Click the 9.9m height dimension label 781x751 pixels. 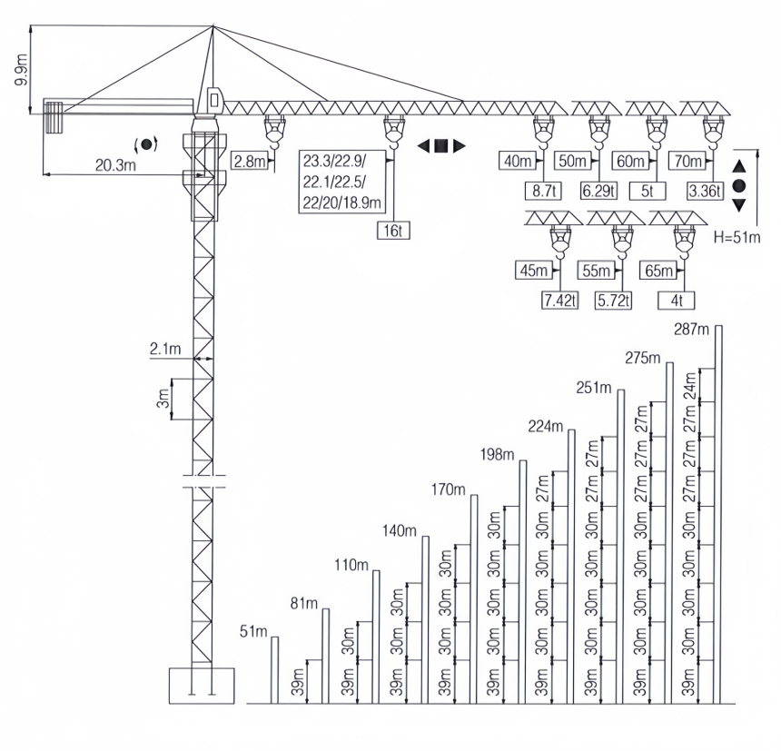(x=21, y=67)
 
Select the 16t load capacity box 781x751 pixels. (x=393, y=231)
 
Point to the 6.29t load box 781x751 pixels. (x=598, y=191)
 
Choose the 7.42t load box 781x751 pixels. (x=559, y=301)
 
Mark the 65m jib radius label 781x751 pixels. (x=656, y=272)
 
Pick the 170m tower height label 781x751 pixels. (x=448, y=490)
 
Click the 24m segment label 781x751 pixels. (x=691, y=390)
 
